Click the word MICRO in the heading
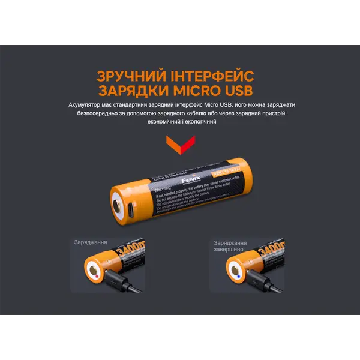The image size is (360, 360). click(x=202, y=92)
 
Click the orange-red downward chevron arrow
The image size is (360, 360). click(x=180, y=143)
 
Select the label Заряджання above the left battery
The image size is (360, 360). click(x=91, y=243)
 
